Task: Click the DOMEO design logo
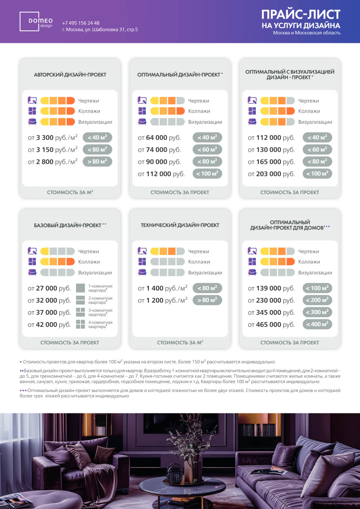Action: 36,22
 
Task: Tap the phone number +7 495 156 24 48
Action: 81,23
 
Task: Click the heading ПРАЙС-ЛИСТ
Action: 300,15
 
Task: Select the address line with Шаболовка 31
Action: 100,29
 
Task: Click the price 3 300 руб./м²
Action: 53,137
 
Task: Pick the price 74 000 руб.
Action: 159,150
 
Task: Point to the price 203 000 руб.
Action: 271,174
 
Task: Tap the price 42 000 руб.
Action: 49,325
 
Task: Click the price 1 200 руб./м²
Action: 162,300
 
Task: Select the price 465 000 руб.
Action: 271,325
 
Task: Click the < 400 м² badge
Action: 317,324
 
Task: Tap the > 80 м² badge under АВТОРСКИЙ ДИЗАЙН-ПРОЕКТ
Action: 97,162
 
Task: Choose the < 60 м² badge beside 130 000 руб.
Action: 317,150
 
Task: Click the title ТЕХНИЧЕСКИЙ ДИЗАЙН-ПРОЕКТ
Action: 180,225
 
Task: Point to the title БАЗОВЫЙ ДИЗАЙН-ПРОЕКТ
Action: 68,225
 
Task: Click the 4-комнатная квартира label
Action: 100,324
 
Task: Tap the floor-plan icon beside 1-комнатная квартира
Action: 80,288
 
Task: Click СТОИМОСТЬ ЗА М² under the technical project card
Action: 180,343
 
